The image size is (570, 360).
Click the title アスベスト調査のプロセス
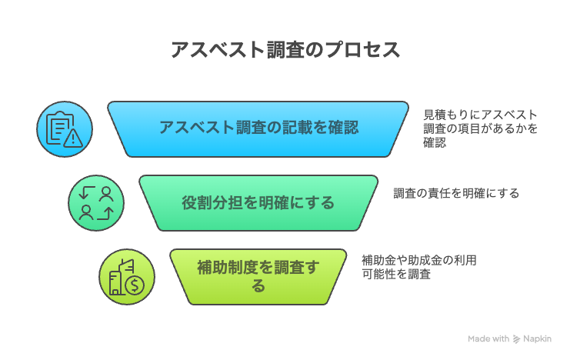[285, 50]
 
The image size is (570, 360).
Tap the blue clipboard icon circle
[65, 129]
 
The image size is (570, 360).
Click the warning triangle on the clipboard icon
[73, 138]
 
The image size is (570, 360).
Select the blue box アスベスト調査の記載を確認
[258, 129]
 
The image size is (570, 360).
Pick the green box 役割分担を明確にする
[258, 203]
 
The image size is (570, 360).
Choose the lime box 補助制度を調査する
[258, 277]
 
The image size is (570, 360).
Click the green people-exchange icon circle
[96, 203]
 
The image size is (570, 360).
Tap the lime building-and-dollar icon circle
[127, 277]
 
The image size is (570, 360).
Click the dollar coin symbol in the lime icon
[135, 285]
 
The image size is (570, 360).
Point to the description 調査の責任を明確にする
[456, 193]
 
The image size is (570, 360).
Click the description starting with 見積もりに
[480, 128]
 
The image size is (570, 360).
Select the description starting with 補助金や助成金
[419, 267]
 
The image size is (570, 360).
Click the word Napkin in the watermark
[537, 339]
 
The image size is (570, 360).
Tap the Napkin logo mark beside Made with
[516, 339]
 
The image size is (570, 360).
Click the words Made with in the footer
[488, 339]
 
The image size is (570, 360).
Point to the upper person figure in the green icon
[106, 194]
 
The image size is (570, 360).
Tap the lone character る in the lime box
[258, 286]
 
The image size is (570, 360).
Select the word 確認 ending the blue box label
[344, 127]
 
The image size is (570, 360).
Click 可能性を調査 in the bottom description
[396, 274]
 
